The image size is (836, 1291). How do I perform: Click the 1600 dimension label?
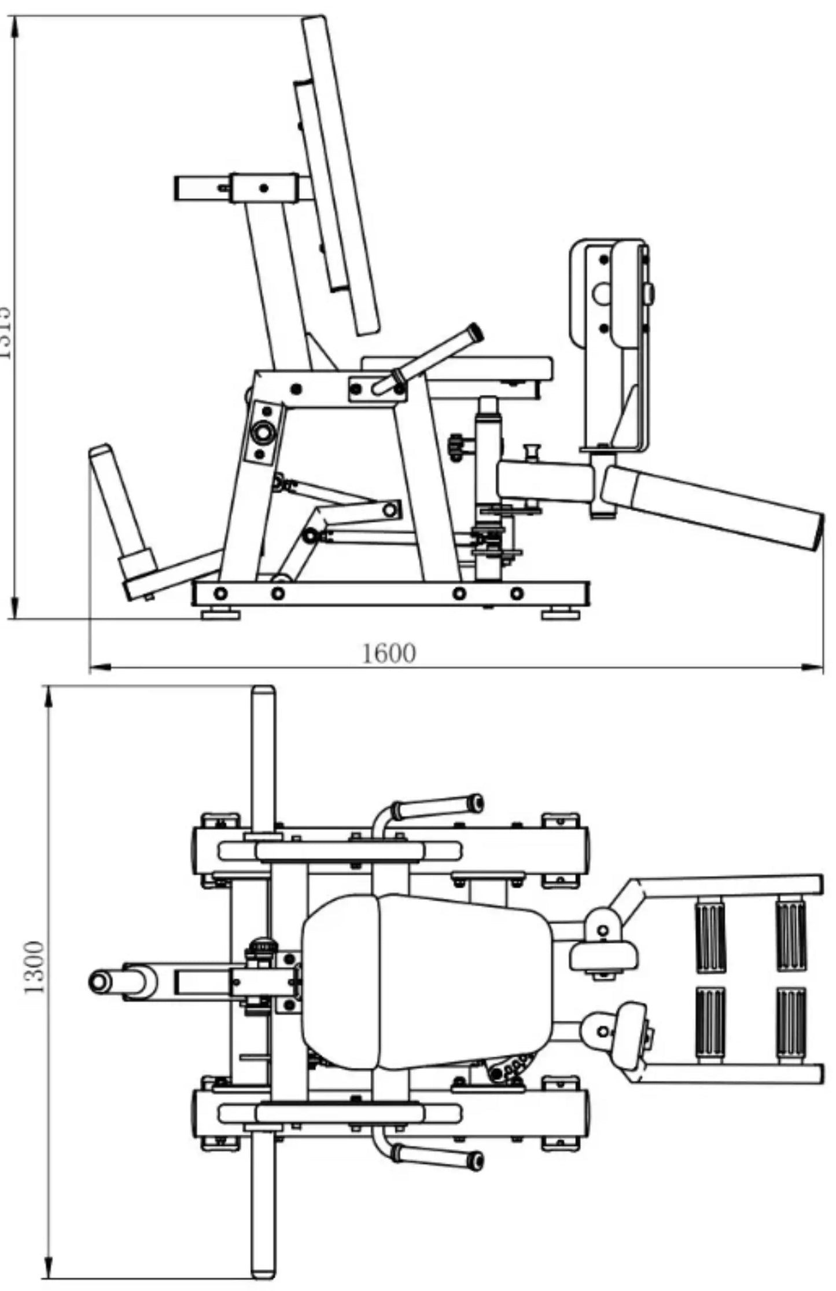389,653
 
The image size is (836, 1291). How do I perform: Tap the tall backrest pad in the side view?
341,174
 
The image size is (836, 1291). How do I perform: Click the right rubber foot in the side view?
560,613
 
